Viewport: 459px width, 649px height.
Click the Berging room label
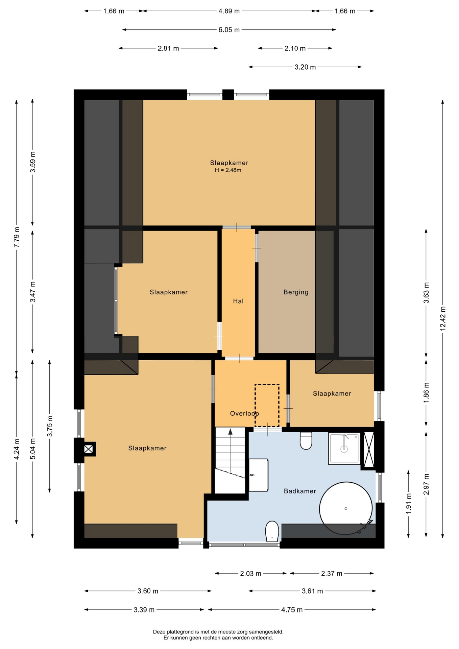coord(296,292)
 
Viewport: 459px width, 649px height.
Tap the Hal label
coord(238,301)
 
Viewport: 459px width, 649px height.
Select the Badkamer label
coord(300,491)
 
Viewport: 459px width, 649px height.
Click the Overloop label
coord(244,413)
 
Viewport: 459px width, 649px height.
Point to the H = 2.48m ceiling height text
coord(228,170)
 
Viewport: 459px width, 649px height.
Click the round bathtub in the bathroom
coord(346,508)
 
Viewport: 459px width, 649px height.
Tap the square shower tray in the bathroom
coord(344,448)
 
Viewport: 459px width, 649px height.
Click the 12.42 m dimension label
coord(443,318)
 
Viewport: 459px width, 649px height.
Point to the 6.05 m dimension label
coord(229,30)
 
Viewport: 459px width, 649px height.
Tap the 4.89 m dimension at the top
coord(229,11)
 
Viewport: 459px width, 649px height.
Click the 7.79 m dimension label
coord(17,237)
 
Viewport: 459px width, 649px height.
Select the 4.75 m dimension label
coord(292,610)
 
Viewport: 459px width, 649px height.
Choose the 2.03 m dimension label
coord(250,573)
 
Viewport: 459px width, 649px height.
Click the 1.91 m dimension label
coord(409,504)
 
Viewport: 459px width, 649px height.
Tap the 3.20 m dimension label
coord(305,67)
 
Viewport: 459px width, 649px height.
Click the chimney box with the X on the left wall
coord(89,449)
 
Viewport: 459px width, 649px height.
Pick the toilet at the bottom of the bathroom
coord(272,531)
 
